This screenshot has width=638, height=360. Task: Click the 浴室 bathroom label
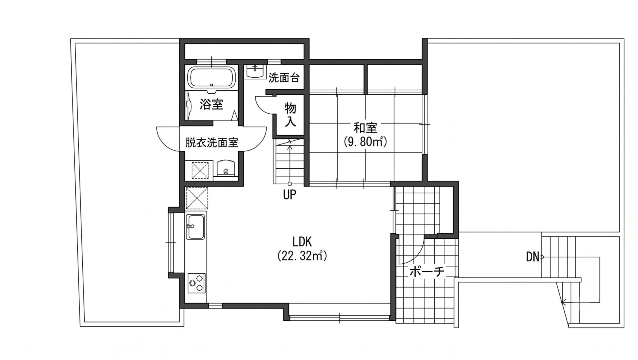[211, 105]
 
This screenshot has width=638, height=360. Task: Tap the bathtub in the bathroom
[212, 77]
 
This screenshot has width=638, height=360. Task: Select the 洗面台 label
[284, 78]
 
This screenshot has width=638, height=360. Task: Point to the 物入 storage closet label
[290, 115]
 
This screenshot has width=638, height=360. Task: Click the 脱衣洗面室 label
[212, 143]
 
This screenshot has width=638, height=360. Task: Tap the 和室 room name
[365, 128]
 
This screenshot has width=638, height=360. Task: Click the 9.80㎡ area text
[365, 142]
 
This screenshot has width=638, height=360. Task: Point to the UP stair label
[289, 195]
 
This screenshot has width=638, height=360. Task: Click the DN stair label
[533, 257]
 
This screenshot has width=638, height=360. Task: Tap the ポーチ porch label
[427, 272]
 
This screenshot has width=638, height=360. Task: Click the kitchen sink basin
[195, 227]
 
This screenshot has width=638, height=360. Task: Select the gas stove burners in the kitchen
[196, 283]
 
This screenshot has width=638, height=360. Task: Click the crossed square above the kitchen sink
[197, 199]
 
